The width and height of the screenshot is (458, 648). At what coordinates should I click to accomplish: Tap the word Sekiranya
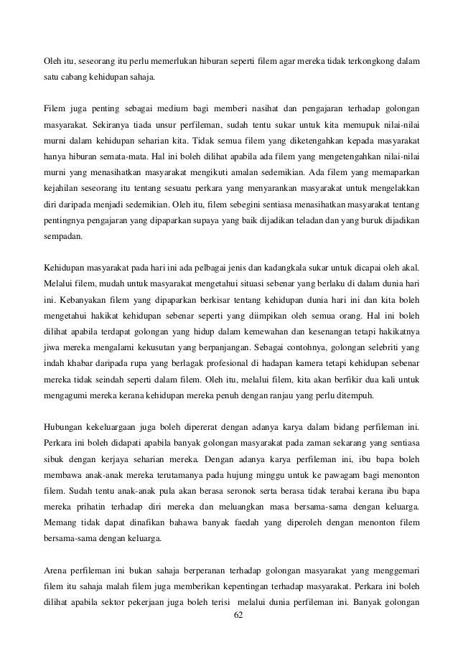[111, 124]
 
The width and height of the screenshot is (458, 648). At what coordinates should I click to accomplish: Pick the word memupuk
[345, 124]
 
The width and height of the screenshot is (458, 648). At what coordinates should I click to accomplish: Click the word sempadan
[62, 235]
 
